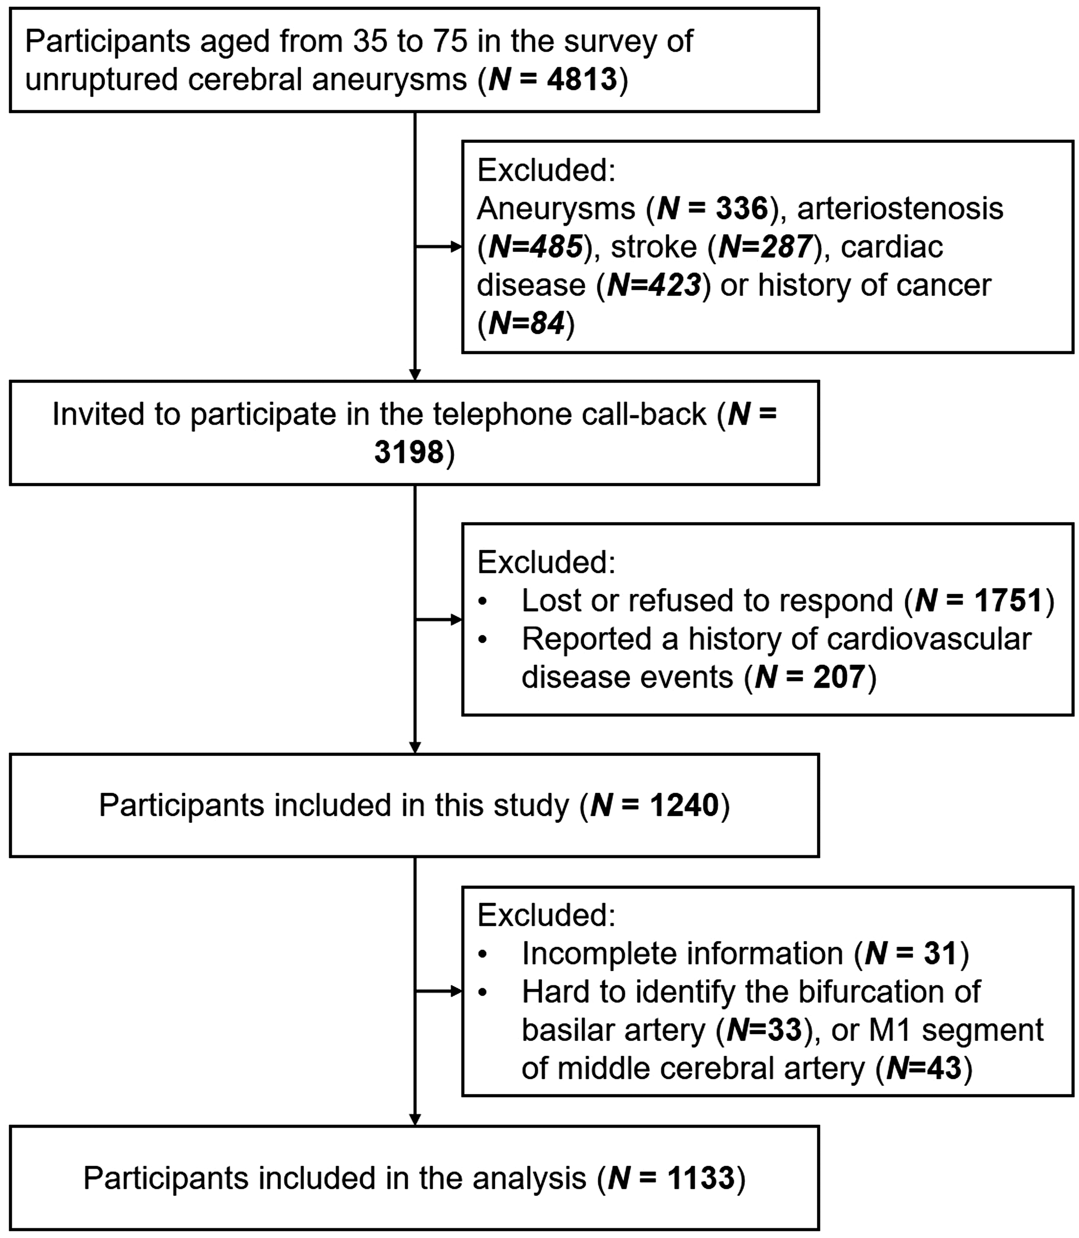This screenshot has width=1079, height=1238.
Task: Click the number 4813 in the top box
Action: [582, 79]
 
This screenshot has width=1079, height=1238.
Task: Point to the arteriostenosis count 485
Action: [557, 247]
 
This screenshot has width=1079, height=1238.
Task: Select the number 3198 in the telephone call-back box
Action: [409, 452]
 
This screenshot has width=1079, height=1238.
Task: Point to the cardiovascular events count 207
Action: [839, 677]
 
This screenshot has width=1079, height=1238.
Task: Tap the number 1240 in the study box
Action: [685, 805]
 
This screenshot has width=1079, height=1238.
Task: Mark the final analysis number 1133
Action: [701, 1178]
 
